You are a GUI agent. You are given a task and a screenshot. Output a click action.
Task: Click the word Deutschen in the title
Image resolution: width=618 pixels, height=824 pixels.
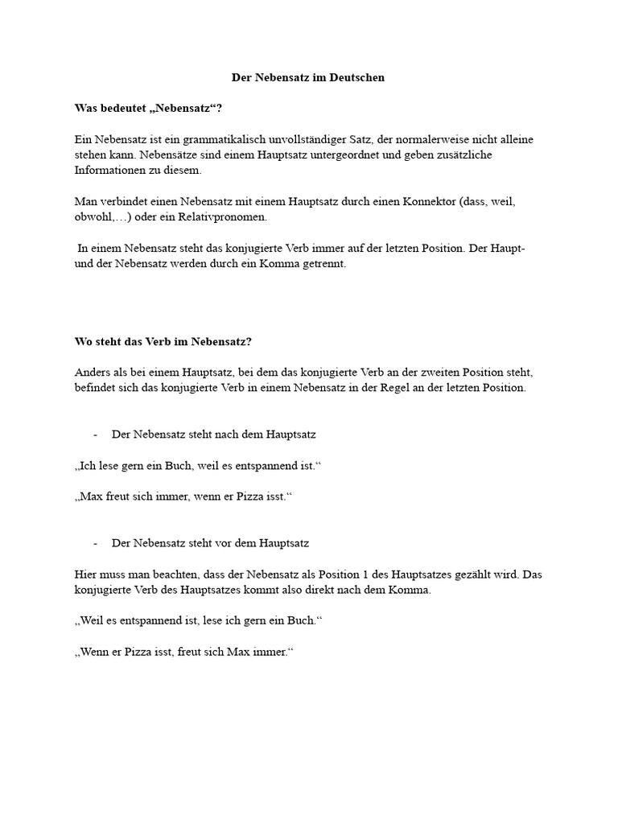pyautogui.click(x=357, y=78)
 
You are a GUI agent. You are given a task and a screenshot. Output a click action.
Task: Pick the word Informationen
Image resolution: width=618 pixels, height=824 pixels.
pyautogui.click(x=106, y=171)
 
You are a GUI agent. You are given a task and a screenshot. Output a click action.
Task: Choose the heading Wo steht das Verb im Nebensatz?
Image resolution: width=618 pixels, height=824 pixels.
pyautogui.click(x=163, y=341)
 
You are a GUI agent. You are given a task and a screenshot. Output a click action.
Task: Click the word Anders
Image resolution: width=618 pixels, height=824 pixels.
pyautogui.click(x=90, y=373)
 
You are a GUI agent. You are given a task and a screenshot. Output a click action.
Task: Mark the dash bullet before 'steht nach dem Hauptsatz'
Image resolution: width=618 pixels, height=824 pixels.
pyautogui.click(x=96, y=435)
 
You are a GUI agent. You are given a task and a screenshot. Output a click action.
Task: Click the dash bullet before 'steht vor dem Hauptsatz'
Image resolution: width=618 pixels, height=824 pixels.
pyautogui.click(x=96, y=544)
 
